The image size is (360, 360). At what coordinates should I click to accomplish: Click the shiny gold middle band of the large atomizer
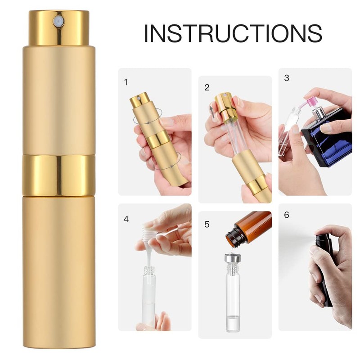point(59,175)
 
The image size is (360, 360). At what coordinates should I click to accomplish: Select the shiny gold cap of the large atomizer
point(59,28)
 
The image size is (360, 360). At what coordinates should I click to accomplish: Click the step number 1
point(126,82)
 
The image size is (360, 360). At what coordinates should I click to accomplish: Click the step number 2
point(207,87)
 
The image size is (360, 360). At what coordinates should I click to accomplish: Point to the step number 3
point(287,78)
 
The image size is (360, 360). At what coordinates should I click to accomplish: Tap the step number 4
point(126,219)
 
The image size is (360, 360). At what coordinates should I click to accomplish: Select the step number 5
point(207,224)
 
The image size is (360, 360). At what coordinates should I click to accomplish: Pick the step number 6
point(287,215)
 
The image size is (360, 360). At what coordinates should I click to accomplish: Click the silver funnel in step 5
point(233,259)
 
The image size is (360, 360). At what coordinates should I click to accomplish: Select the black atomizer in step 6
point(324,265)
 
